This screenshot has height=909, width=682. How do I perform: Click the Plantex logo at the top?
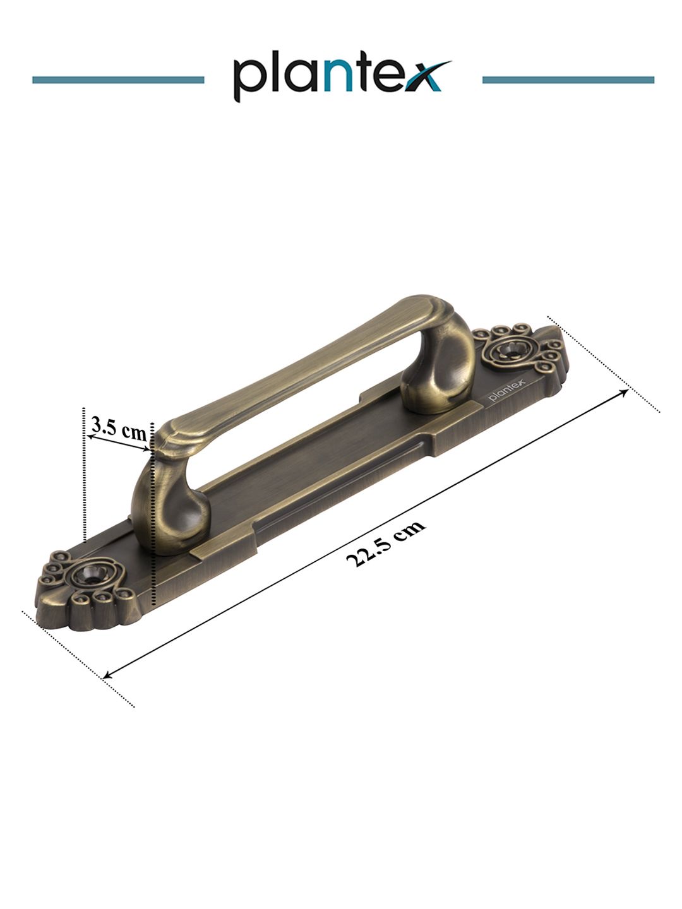tap(342, 76)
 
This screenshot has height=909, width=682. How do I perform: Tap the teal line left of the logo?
tap(118, 80)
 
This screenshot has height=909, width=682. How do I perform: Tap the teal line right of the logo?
tap(568, 80)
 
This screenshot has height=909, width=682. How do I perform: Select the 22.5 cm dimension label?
tap(385, 543)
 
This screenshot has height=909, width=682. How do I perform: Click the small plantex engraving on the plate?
tap(507, 391)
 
